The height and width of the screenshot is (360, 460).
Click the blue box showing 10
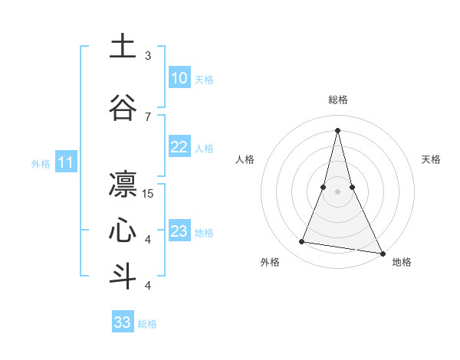179,78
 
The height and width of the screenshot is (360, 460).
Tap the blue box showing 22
179,147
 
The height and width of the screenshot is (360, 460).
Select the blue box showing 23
179,231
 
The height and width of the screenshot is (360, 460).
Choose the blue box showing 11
66,162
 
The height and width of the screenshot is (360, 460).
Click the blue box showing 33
123,322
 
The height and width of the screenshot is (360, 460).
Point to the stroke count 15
148,194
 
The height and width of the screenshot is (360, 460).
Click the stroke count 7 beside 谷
148,116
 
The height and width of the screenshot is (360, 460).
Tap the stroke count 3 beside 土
148,56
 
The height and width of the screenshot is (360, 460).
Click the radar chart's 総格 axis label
338,100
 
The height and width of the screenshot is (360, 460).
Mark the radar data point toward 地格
382,252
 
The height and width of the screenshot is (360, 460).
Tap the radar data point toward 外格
302,242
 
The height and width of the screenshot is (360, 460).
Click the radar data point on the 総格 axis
338,129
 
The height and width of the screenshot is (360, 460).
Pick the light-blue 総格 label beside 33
147,324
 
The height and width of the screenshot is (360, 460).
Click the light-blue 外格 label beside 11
40,163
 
